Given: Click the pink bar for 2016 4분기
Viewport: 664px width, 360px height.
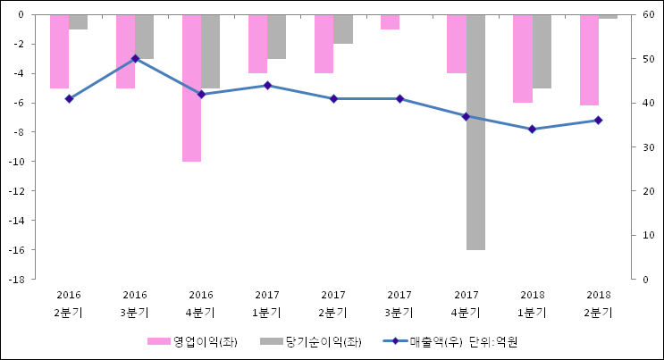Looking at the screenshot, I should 191,88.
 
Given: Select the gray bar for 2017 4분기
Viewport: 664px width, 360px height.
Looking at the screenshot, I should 475,132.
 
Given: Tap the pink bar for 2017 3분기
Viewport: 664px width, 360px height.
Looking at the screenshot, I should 390,22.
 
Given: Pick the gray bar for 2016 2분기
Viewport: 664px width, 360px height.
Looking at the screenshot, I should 78,22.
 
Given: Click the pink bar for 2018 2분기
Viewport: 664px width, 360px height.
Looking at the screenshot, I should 589,60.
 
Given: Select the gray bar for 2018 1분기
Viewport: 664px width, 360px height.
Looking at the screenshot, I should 542,52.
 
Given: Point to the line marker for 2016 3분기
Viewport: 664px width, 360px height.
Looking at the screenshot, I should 135,59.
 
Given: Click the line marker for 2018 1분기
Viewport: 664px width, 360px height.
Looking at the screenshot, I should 532,130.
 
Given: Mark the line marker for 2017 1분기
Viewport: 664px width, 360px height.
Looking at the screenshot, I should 267,86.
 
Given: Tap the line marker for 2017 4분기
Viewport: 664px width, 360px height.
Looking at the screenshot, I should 466,116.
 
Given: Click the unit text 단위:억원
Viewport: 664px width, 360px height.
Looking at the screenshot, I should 493,342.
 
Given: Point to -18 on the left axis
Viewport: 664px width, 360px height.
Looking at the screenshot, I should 16,280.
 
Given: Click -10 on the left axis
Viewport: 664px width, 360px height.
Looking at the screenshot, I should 16,162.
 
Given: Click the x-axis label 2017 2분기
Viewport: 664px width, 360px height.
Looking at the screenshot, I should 333,304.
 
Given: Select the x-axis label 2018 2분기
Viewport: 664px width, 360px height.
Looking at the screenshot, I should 598,304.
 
